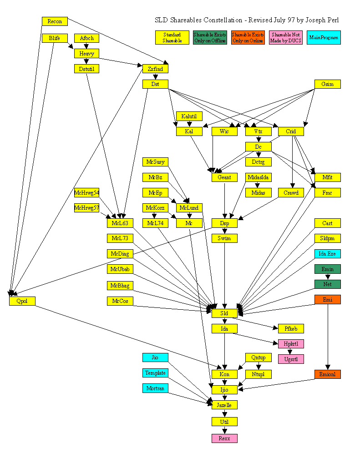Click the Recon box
pos(55,21)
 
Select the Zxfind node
pos(155,69)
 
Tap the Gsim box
pos(327,84)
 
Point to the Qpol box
pos(22,301)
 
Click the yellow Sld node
pos(224,313)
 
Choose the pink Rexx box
pos(224,438)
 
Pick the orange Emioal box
pos(327,374)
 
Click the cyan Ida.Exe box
pos(327,254)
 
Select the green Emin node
pos(327,269)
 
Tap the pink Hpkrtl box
pos(290,344)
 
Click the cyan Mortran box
pos(155,388)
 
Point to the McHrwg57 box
pos(86,208)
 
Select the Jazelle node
pos(224,405)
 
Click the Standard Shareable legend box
pos(172,37)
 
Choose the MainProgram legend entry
pos(324,37)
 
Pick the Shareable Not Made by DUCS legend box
pos(286,37)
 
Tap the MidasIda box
pos(258,177)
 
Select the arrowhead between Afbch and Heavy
pos(86,46)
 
